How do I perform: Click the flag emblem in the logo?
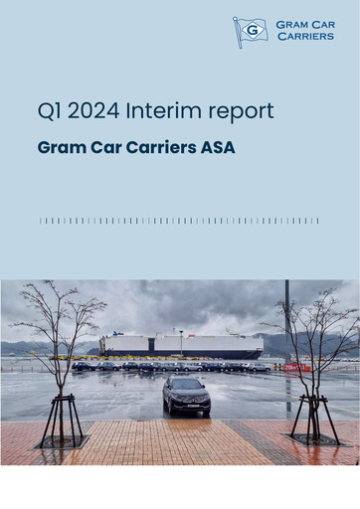click(249, 32)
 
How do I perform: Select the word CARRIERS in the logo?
click(306, 37)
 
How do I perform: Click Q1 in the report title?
click(51, 112)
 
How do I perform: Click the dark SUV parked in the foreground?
click(186, 396)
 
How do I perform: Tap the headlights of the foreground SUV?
click(186, 401)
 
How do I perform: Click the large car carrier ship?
click(180, 345)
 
